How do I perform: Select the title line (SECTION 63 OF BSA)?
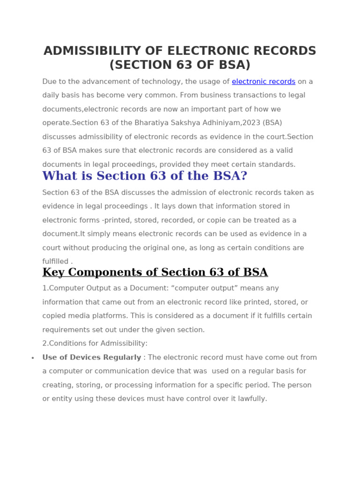[180, 65]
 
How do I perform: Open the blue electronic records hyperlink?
[263, 82]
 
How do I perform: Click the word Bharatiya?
[162, 123]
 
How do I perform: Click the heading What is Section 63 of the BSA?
[144, 176]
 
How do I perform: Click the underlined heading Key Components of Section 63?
[155, 272]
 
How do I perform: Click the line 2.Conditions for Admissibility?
[95, 344]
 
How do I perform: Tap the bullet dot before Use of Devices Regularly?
[33, 358]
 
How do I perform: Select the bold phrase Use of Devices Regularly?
[91, 358]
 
